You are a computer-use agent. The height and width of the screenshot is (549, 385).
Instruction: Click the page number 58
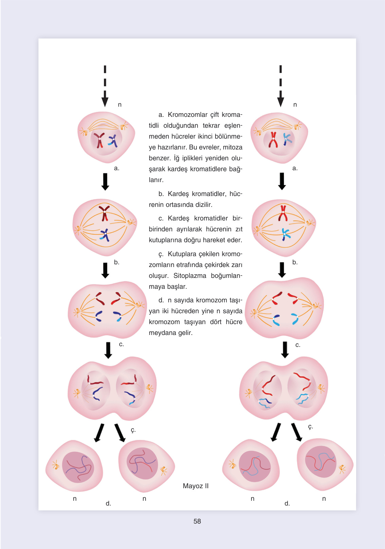(x=197, y=521)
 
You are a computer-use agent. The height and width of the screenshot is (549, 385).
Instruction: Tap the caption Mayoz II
(x=196, y=486)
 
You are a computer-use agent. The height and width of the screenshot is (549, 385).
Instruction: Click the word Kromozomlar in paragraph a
(x=187, y=114)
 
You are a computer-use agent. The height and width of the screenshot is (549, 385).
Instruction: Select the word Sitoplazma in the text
(x=190, y=276)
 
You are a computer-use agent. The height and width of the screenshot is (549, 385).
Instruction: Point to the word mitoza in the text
(x=233, y=147)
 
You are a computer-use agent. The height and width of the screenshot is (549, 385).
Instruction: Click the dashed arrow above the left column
(x=105, y=86)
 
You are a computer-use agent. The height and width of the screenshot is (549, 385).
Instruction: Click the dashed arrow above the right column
(x=280, y=86)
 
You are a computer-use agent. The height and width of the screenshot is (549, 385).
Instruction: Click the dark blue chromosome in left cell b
(x=105, y=234)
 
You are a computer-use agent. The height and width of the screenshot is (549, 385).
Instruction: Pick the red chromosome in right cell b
(x=283, y=213)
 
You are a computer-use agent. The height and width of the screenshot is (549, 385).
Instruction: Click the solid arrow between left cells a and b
(x=105, y=182)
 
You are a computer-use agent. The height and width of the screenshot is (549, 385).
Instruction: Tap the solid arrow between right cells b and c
(x=282, y=270)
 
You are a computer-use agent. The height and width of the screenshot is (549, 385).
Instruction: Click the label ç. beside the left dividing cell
(x=133, y=430)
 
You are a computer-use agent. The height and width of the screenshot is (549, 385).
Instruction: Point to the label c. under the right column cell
(x=298, y=345)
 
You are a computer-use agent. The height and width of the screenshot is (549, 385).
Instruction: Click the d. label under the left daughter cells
(x=108, y=503)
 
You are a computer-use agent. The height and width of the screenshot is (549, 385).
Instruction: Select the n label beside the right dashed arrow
(x=295, y=105)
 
